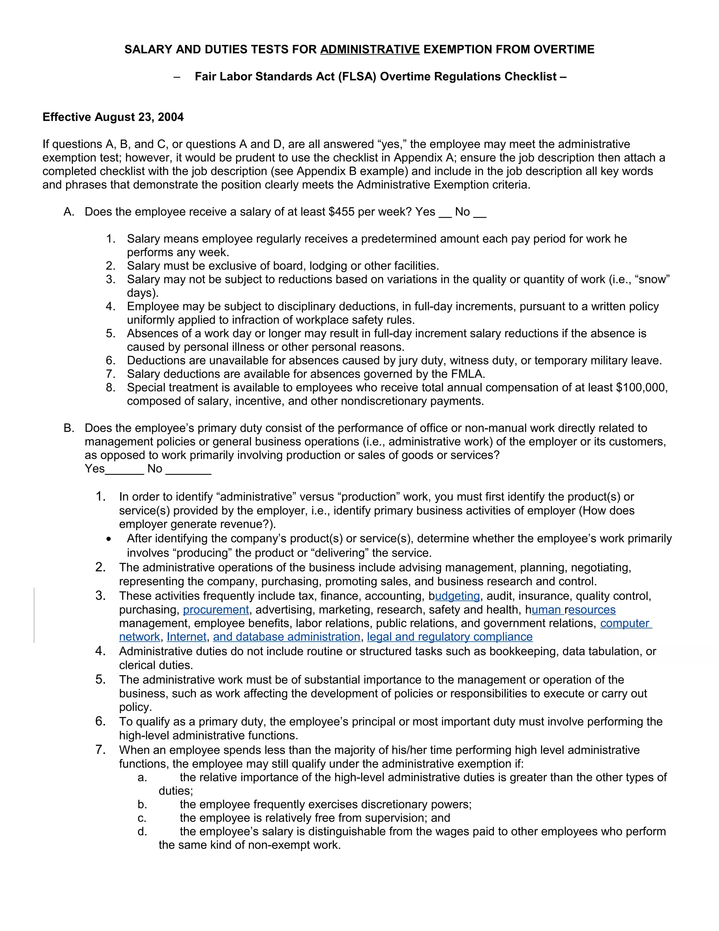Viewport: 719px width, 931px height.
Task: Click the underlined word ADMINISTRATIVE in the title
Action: tap(370, 50)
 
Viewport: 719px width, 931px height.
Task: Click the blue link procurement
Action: tap(216, 610)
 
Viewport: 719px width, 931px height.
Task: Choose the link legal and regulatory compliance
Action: tap(449, 637)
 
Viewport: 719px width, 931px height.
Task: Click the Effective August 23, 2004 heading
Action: tap(113, 117)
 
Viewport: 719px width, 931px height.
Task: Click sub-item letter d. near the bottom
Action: tap(142, 832)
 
